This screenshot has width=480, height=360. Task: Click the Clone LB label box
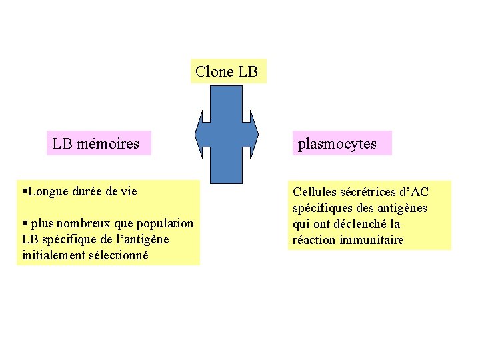[228, 71]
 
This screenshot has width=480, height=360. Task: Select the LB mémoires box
[98, 143]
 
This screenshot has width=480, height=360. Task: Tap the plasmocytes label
[341, 143]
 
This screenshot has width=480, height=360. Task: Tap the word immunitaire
[373, 240]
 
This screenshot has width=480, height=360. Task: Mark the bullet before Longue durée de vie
[25, 192]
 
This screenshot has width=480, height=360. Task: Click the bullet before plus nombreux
[25, 223]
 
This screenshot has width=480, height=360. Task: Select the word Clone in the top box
[214, 71]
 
